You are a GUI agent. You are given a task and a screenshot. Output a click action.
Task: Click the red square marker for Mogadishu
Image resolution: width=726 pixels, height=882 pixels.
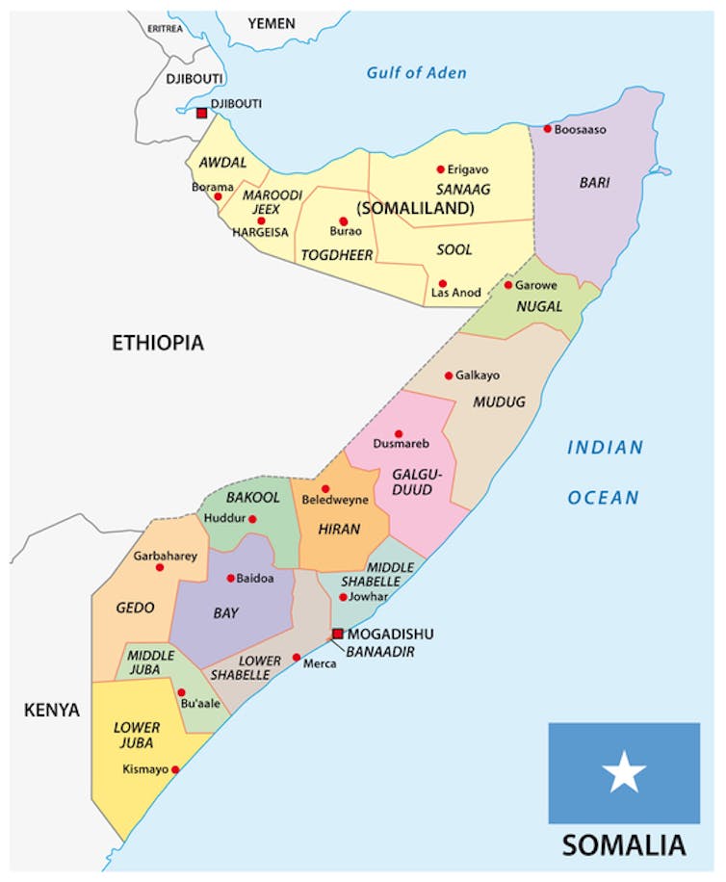coord(337,634)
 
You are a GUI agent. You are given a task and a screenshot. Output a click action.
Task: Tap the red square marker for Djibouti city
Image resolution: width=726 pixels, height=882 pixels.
coord(201,113)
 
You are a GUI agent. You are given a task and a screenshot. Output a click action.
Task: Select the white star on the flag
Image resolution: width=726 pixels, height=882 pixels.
coord(625,772)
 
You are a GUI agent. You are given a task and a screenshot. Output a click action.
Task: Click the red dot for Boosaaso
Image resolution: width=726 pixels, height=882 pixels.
coord(547,129)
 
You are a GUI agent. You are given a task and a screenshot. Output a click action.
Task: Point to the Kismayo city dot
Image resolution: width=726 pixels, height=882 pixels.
coord(175,769)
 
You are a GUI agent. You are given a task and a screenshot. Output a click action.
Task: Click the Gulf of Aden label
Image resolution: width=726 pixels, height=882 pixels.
coord(416,73)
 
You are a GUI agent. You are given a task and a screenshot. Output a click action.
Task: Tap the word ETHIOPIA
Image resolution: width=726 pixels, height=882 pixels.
coord(157,343)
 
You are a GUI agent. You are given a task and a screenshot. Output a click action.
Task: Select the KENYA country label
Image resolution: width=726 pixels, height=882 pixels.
coord(52,711)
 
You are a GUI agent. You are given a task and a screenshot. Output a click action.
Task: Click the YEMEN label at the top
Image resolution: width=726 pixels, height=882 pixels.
coord(272,23)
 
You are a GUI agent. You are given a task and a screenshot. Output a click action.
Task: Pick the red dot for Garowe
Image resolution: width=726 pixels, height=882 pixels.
coord(508,285)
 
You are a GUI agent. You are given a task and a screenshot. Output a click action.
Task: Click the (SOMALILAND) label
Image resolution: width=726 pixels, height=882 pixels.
coord(415,208)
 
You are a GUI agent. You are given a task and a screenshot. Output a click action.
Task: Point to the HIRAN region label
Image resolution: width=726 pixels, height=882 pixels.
coord(339,529)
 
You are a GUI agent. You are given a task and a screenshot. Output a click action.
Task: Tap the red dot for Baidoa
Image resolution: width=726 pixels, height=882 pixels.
coord(230,579)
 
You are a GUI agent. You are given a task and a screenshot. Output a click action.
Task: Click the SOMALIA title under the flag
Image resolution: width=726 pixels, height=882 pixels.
coord(624,845)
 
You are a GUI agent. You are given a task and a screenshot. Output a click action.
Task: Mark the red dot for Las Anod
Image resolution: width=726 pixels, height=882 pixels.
coord(442,284)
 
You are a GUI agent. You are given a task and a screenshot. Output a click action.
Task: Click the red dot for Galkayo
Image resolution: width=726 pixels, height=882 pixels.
coord(448,376)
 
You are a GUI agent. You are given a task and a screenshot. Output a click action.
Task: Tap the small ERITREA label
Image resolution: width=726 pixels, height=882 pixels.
coord(164,29)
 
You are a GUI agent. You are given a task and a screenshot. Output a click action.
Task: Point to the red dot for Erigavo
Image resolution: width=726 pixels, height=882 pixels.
coord(441,169)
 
